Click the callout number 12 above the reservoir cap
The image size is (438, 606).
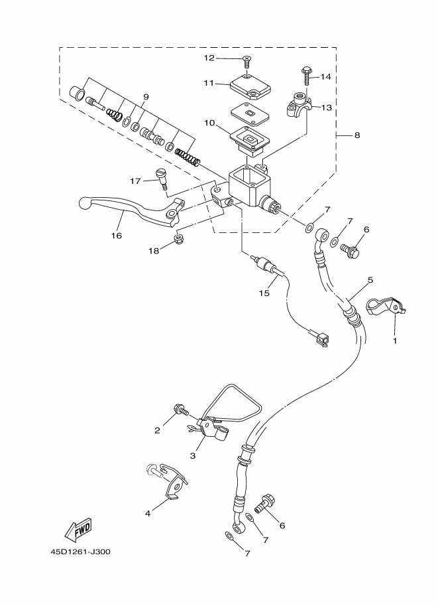209,58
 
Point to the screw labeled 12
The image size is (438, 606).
246,62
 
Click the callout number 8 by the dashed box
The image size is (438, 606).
357,135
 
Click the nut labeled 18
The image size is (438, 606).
178,238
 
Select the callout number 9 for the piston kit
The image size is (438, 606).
146,97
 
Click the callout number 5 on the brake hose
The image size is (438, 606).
370,280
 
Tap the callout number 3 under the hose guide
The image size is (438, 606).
193,456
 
